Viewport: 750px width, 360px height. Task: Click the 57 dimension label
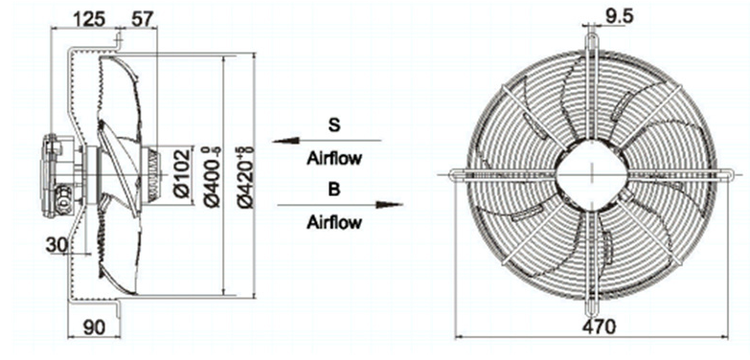point(141,17)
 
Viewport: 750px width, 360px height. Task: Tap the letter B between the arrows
point(333,190)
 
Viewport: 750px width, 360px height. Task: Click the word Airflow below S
point(333,158)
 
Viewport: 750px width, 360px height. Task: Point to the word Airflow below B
point(333,222)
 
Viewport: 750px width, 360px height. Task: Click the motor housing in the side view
point(56,172)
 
